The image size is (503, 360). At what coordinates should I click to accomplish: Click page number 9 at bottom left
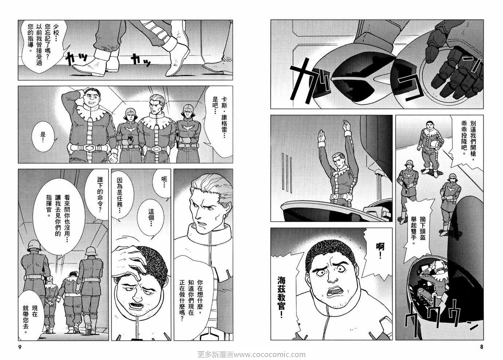(x=20, y=347)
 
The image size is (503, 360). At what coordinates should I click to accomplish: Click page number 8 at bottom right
(x=482, y=347)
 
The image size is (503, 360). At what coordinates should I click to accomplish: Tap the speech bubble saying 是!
(x=43, y=136)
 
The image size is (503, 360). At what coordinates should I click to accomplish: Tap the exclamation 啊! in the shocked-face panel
(x=380, y=250)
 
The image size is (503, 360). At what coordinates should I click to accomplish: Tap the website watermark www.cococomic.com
(x=270, y=355)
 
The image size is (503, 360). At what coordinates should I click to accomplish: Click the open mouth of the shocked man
(x=337, y=292)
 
